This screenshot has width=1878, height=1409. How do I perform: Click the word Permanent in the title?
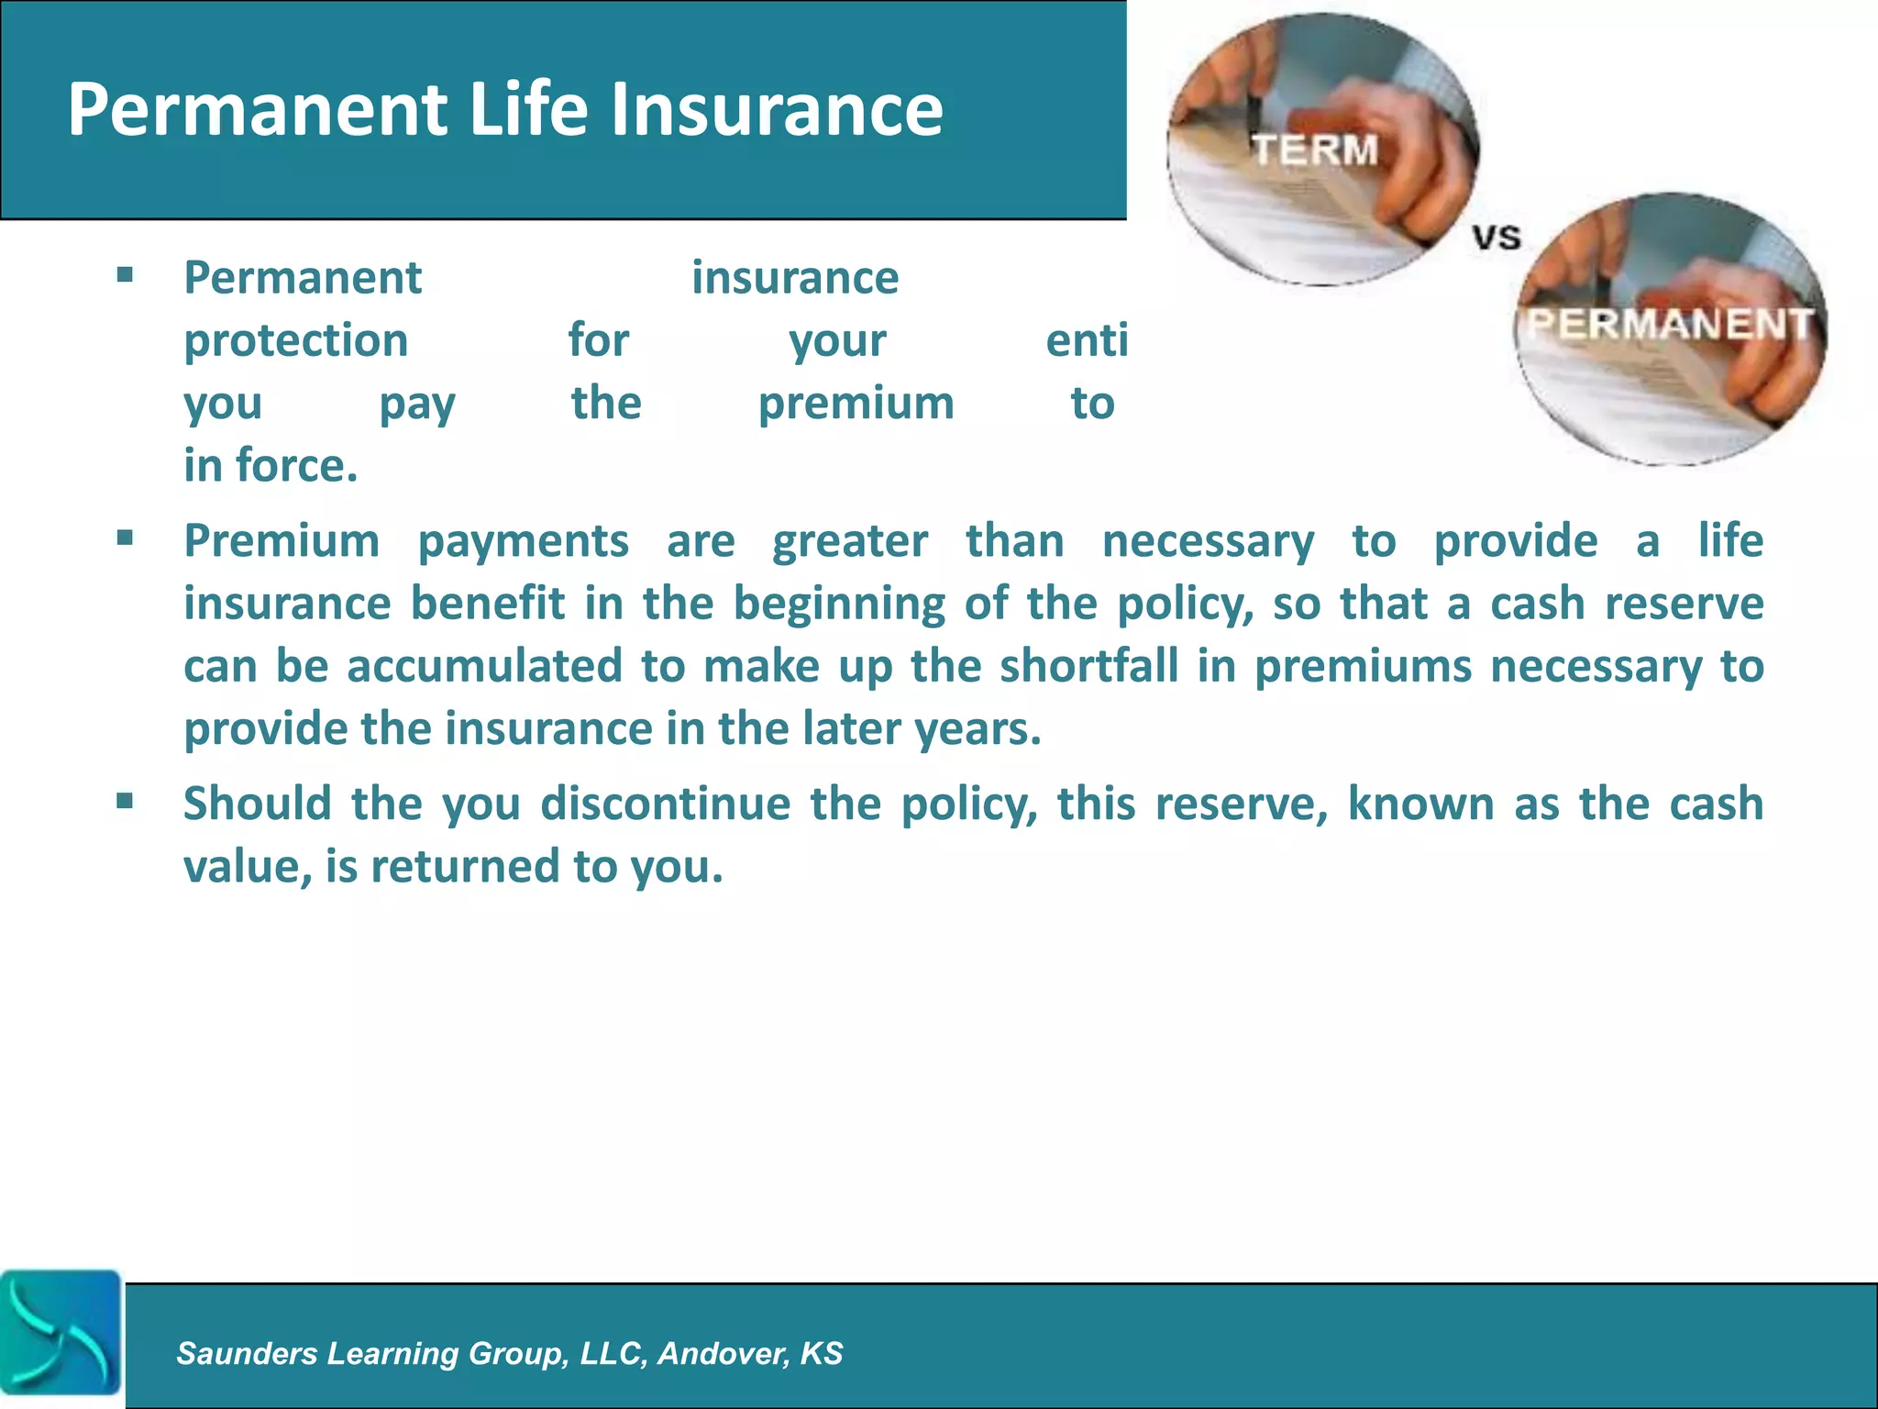pos(257,110)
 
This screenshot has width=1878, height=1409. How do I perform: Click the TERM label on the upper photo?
pos(1316,150)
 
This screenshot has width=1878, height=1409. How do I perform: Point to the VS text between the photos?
pos(1497,238)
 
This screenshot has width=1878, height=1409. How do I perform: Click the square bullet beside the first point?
pos(126,274)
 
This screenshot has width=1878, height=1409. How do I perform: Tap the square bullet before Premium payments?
pos(126,538)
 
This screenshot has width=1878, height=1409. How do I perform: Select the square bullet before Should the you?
pos(126,801)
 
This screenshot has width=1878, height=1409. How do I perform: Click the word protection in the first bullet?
pos(295,340)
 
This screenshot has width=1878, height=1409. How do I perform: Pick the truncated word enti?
pos(1087,340)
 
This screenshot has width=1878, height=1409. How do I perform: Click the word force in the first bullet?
pos(296,465)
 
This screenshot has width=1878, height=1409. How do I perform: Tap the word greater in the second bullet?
pos(849,541)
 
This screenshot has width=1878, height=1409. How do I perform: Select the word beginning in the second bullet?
pos(838,604)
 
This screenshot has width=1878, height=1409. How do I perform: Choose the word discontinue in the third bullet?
pos(665,804)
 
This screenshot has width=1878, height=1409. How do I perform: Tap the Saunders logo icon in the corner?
pos(61,1331)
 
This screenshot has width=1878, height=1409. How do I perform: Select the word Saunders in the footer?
pos(247,1353)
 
